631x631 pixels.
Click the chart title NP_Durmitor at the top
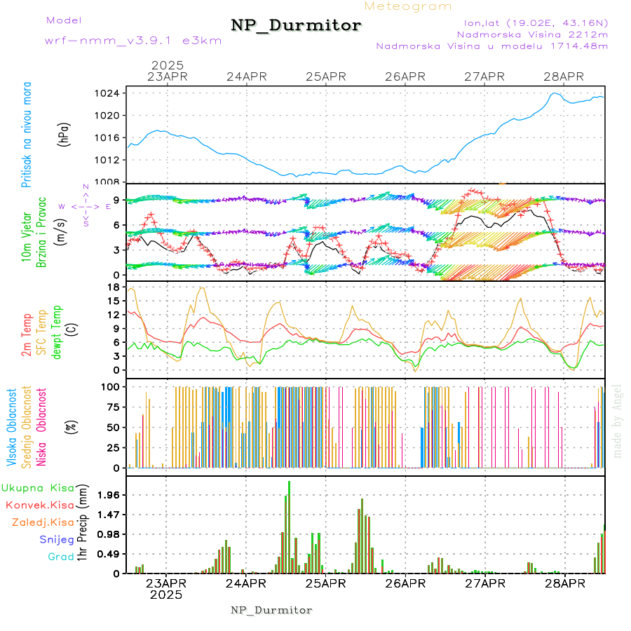(x=297, y=26)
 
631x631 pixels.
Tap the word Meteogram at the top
(x=409, y=6)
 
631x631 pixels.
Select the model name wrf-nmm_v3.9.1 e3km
(x=133, y=40)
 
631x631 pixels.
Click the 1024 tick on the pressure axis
(x=111, y=93)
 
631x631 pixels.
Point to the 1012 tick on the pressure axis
(x=111, y=160)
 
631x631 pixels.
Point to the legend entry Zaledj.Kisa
(x=43, y=522)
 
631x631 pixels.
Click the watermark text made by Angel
(x=618, y=421)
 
